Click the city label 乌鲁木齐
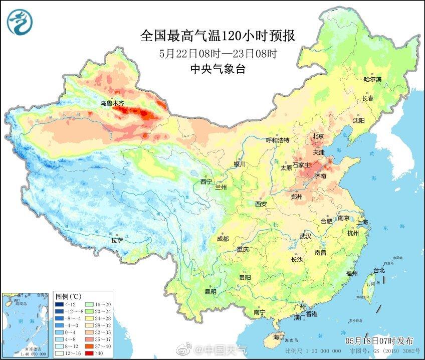click(x=111, y=103)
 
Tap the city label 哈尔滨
click(x=372, y=80)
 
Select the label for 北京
click(x=318, y=136)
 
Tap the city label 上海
click(x=362, y=222)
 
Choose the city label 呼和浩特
click(x=277, y=140)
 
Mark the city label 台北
click(x=378, y=271)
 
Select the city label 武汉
click(x=306, y=236)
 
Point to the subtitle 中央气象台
click(x=218, y=70)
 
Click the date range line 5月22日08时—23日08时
click(x=218, y=53)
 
